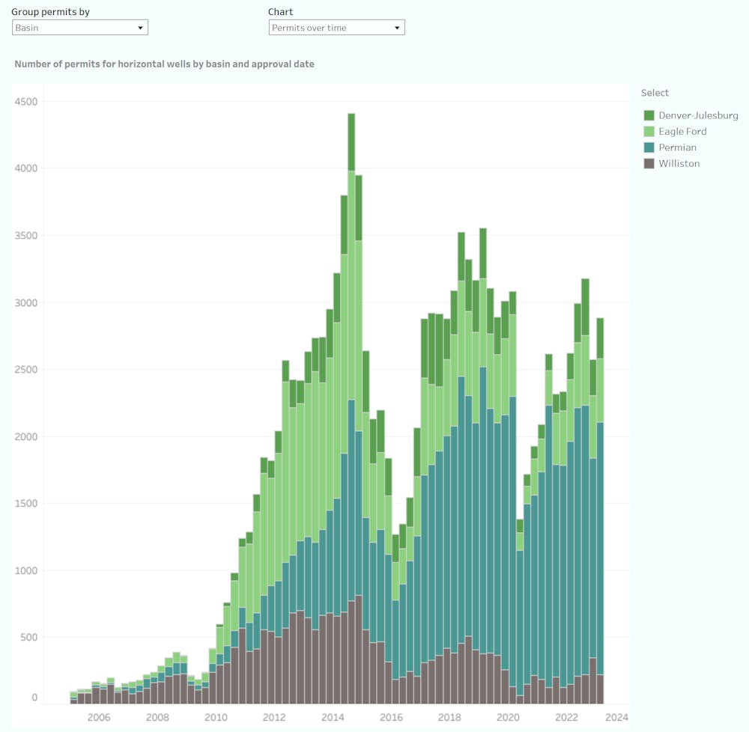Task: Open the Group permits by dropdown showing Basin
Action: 80,28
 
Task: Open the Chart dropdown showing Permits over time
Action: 336,28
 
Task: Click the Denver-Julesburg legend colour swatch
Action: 649,115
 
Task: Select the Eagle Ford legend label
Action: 682,132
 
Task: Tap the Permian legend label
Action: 677,147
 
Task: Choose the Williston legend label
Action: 679,163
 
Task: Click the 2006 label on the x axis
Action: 99,717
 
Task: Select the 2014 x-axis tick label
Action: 333,717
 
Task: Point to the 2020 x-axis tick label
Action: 508,717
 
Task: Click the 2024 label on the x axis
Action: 616,717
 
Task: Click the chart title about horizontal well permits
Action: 164,64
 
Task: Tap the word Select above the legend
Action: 655,93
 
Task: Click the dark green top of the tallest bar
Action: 351,142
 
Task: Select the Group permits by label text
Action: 50,12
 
